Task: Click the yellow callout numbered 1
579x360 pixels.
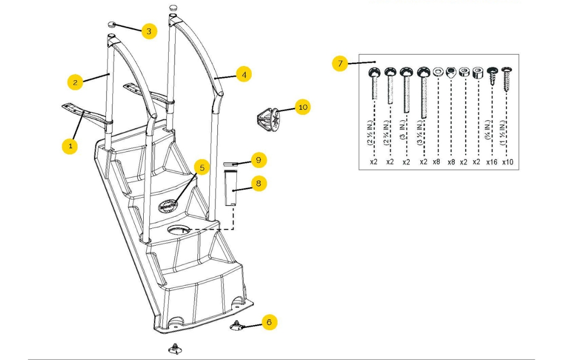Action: tap(71, 146)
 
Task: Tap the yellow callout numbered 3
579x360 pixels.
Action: tap(148, 31)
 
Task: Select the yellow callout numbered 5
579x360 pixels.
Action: tap(201, 168)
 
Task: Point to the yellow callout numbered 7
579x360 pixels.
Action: tap(340, 64)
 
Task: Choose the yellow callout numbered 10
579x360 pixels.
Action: tap(302, 107)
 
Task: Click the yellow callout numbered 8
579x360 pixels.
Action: tap(258, 183)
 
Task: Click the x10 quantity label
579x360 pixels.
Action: tap(507, 162)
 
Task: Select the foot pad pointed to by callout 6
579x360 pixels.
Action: tap(236, 326)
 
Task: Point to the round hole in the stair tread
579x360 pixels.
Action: tap(178, 231)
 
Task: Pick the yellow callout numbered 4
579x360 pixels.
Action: tap(244, 75)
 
